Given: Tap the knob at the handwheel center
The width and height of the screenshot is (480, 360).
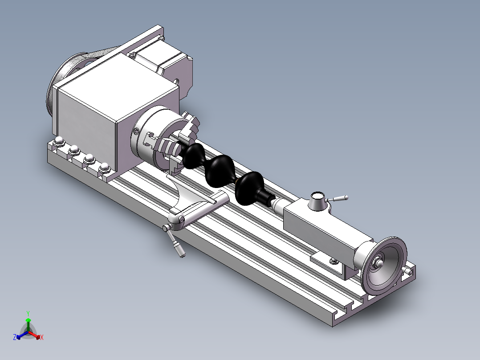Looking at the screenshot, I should (379, 263).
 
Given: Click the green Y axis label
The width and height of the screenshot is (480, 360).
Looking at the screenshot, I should (28, 313).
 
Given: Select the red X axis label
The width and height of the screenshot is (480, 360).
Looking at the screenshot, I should (42, 338).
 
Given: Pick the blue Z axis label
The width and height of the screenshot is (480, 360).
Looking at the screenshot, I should (15, 337).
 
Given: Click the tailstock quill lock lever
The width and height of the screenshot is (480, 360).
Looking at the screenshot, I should (339, 198).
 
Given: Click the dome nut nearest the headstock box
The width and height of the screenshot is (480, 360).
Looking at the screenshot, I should (105, 167).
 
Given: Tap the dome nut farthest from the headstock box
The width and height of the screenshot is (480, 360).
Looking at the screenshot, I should (58, 142).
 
